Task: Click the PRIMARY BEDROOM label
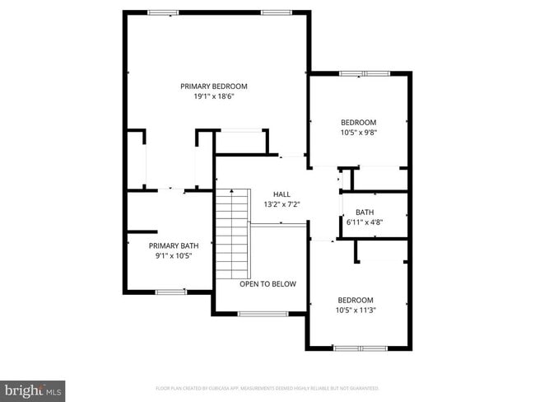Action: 214,86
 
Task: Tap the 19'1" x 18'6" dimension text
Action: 214,96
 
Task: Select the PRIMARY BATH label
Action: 174,245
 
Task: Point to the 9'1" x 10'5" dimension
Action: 174,256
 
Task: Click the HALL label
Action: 281,194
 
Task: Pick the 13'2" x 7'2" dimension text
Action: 281,204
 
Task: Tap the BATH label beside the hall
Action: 365,212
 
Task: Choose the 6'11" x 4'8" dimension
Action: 365,222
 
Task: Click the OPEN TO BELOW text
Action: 267,283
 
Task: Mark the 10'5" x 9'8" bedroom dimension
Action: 359,132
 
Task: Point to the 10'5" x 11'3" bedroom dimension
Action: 356,310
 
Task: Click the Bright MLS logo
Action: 33,390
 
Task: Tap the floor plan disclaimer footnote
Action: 267,388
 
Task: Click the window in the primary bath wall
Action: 170,292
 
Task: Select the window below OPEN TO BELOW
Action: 263,314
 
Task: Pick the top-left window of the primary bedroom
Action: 164,12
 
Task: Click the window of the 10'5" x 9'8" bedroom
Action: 365,73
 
